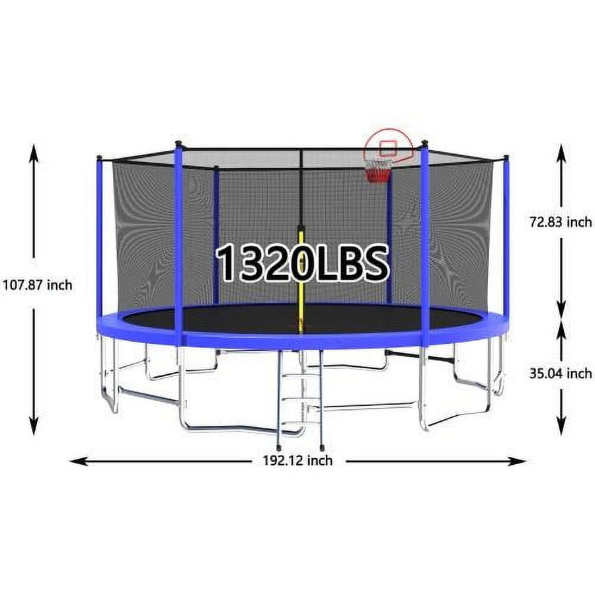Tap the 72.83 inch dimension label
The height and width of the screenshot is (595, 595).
(x=561, y=222)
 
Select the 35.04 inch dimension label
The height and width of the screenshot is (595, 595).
(x=561, y=374)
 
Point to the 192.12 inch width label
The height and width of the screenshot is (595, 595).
(x=293, y=461)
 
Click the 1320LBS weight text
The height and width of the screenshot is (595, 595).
(x=302, y=263)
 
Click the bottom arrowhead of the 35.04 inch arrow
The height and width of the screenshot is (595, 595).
(x=561, y=428)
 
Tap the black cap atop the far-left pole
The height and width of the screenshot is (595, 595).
(x=99, y=157)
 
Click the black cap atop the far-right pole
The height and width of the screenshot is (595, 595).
(x=506, y=157)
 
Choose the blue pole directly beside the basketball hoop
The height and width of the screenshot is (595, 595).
(x=424, y=238)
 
